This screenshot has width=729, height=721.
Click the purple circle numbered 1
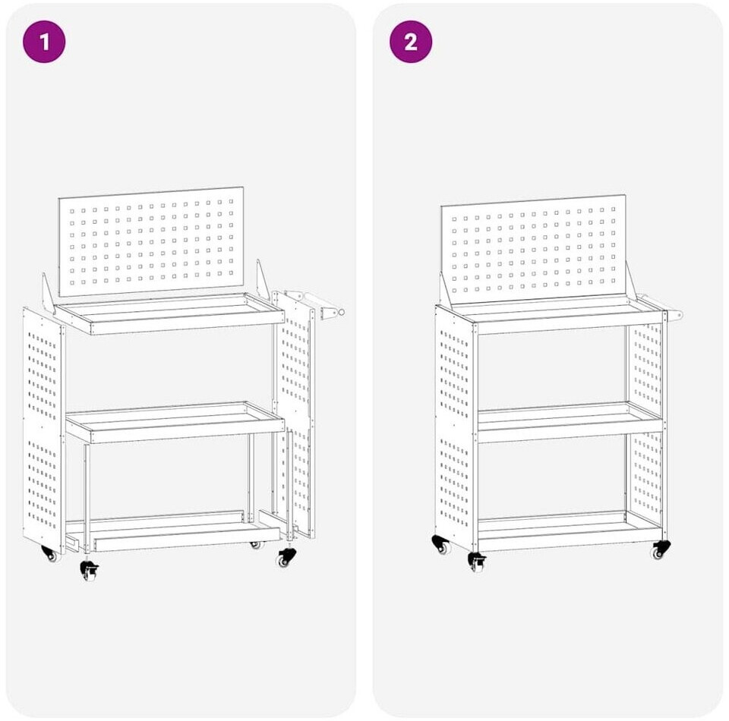(44, 42)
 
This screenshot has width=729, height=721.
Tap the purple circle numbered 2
(411, 42)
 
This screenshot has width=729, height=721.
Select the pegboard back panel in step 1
(151, 241)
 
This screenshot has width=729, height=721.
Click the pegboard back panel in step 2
(533, 250)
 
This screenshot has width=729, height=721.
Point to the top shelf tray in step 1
(169, 313)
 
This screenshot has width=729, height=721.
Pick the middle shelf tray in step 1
(175, 422)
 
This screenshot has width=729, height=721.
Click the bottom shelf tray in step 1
(173, 531)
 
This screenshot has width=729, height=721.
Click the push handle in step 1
(320, 304)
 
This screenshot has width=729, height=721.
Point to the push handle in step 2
(660, 306)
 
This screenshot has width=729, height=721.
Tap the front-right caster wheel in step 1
(286, 557)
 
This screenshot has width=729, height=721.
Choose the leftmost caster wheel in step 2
(441, 545)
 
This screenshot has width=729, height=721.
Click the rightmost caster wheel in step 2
(660, 550)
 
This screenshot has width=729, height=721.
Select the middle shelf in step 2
(570, 423)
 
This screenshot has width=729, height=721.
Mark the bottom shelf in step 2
(570, 531)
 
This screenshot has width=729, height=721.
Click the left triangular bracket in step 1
(48, 294)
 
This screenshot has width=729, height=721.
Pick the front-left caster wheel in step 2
(478, 562)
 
